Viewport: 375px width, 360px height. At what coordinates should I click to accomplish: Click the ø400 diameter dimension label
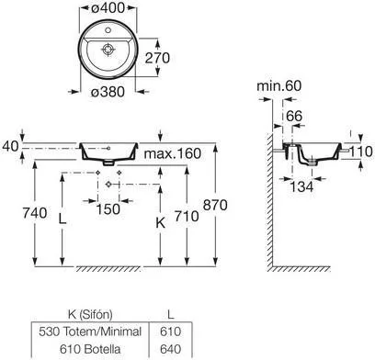click(108, 7)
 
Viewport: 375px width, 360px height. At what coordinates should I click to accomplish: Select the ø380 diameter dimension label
click(108, 92)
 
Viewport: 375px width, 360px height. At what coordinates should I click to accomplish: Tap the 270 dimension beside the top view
click(157, 58)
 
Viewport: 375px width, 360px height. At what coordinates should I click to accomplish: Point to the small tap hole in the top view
click(108, 30)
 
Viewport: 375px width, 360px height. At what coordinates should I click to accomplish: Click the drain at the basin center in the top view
click(108, 49)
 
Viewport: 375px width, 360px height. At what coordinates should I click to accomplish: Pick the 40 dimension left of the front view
click(10, 146)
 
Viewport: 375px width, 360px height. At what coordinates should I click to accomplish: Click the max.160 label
click(173, 153)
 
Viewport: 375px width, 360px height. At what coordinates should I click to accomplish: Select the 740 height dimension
click(35, 213)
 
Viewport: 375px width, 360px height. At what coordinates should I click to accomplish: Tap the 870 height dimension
click(215, 205)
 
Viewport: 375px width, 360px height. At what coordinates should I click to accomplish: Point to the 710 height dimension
click(187, 216)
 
